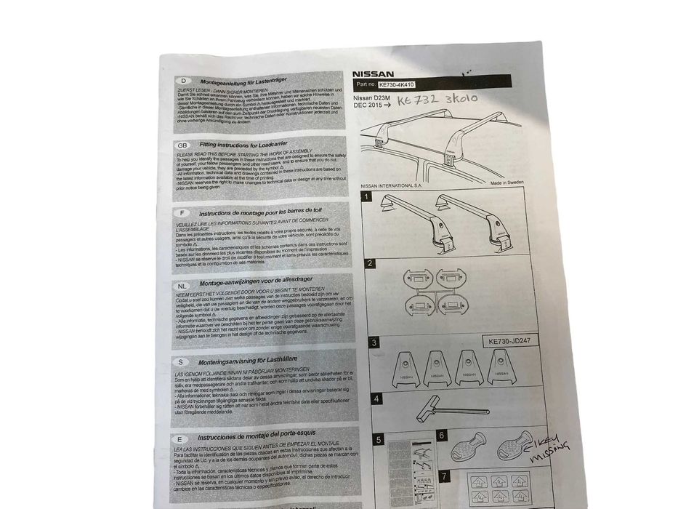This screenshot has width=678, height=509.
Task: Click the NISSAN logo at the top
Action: tap(374, 74)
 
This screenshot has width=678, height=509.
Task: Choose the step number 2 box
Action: tap(370, 263)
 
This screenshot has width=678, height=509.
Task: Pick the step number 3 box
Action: tap(374, 342)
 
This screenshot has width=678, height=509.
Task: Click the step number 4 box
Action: tap(376, 398)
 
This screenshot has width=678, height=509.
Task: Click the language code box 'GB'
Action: tap(182, 145)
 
